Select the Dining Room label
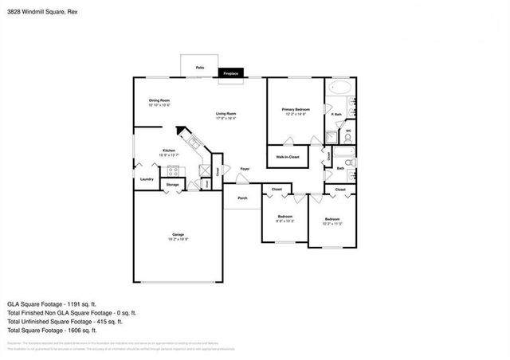160,100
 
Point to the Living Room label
226,114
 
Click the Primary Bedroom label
296,109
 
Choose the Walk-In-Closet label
288,158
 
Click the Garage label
178,234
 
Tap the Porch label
242,198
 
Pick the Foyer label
245,169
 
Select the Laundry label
147,179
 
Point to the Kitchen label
169,151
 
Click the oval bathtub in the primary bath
340,89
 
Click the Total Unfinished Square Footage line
65,321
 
